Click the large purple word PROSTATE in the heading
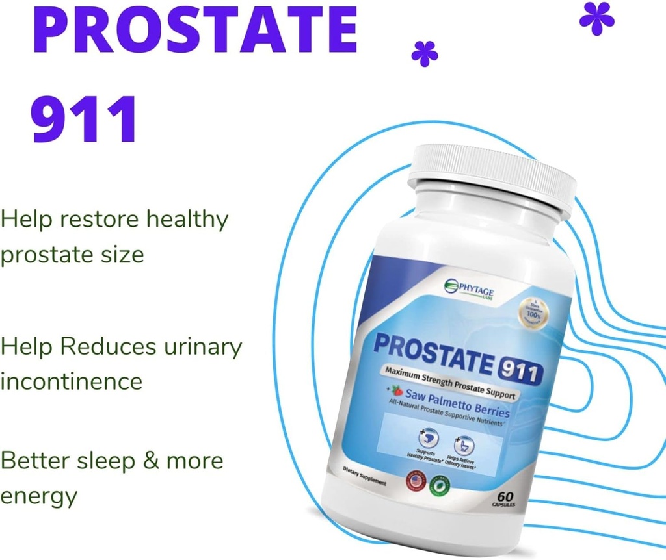pos(194,31)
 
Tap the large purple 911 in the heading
pos(85,120)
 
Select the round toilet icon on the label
pos(464,446)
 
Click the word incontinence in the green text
pos(71,380)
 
